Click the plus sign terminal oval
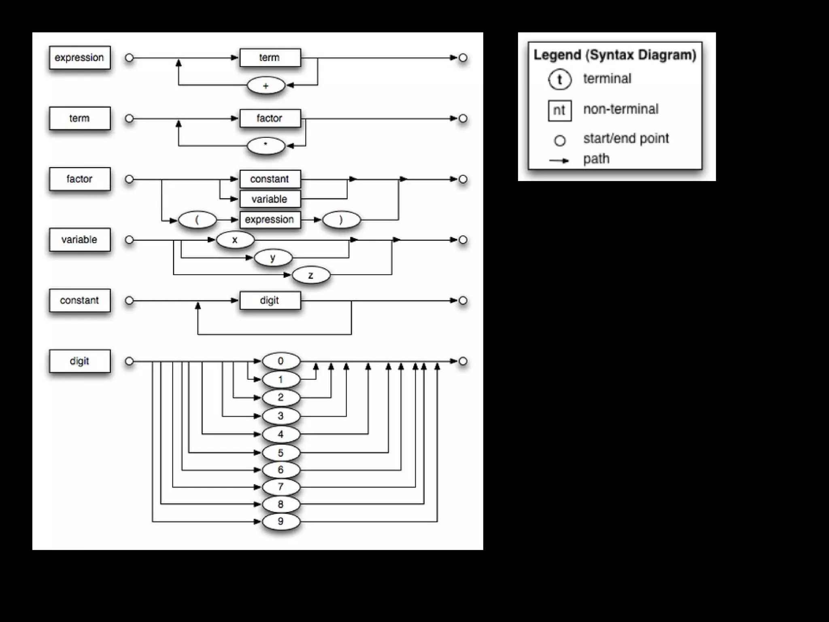[266, 86]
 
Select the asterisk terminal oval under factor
[266, 146]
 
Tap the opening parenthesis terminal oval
[198, 220]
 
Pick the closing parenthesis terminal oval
[341, 220]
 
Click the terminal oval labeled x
[235, 240]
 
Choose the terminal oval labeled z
[311, 275]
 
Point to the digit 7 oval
[281, 487]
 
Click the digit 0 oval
[281, 361]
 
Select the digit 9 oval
[281, 521]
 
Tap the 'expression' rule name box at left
[79, 58]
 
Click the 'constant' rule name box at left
[79, 300]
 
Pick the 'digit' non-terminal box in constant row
[270, 300]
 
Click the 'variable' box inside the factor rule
[270, 199]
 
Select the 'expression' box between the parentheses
[270, 220]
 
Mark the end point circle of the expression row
[463, 58]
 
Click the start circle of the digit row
[129, 361]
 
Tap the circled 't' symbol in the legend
[560, 79]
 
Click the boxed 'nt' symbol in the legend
[559, 110]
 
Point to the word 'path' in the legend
[596, 159]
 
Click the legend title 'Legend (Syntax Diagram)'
[614, 55]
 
